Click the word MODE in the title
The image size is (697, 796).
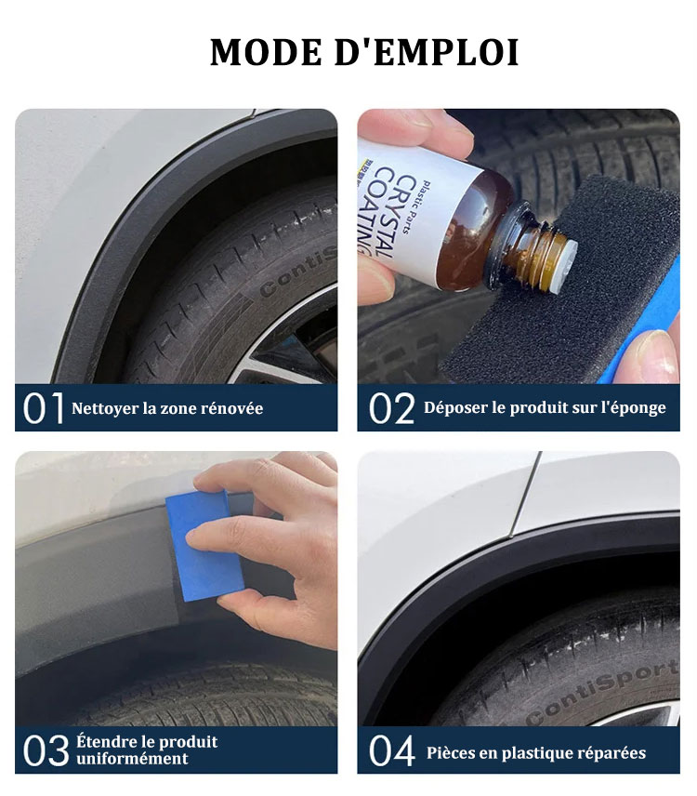[x=266, y=52]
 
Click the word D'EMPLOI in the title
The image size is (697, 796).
[x=427, y=52]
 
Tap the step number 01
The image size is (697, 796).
[x=44, y=407]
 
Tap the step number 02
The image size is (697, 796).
[x=391, y=407]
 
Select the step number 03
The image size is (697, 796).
[x=46, y=750]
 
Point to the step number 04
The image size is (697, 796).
[x=391, y=750]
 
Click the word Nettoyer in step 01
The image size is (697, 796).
[x=104, y=409]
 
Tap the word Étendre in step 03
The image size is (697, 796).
[x=104, y=742]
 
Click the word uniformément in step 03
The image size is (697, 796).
[x=132, y=759]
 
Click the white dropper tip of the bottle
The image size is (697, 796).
[x=567, y=267]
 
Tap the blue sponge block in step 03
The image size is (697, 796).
[x=205, y=546]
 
